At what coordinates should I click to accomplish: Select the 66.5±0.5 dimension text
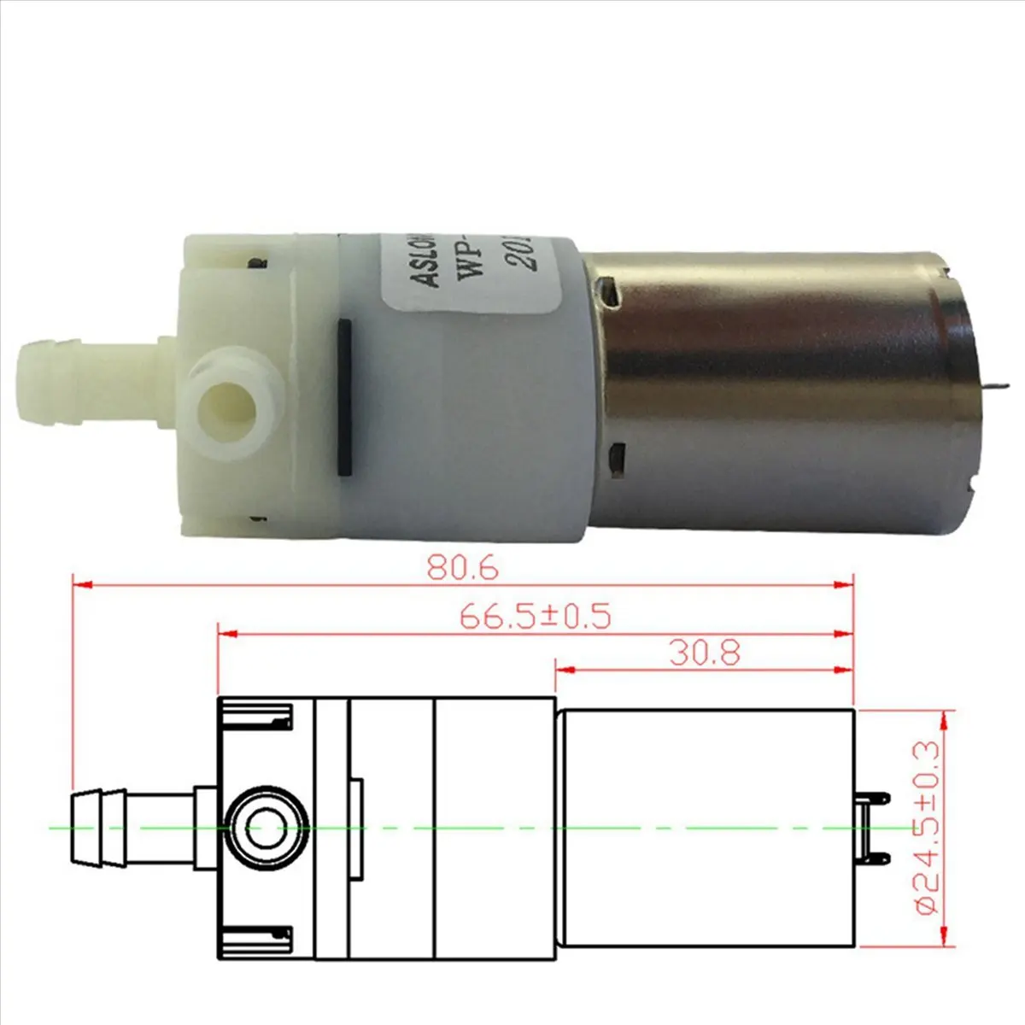point(535,616)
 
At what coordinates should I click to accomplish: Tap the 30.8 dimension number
point(705,653)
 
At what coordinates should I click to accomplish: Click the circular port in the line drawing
point(267,828)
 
